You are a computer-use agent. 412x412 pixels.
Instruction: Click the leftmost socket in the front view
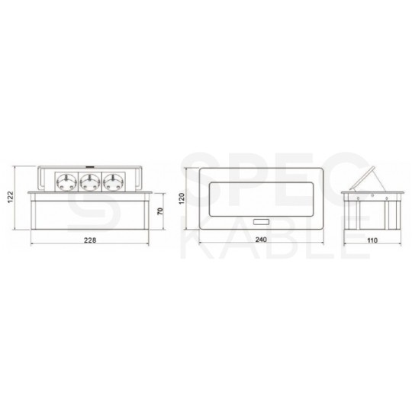coord(64,182)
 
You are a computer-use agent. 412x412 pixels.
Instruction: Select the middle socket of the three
coord(90,182)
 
